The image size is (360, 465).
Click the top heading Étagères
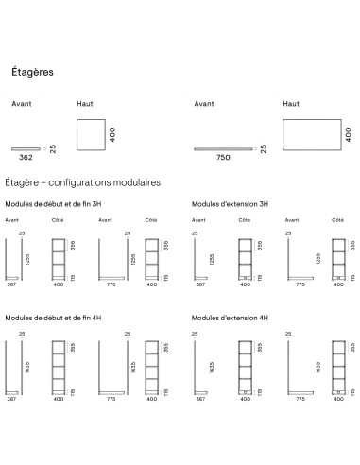(x=32, y=71)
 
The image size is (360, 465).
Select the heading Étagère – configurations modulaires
(x=82, y=181)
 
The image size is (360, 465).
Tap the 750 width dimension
(x=224, y=158)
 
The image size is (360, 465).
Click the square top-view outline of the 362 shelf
(x=90, y=132)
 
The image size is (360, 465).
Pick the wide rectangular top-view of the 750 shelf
(x=308, y=132)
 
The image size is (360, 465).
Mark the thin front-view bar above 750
(x=224, y=148)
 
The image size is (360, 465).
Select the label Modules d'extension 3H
(x=231, y=203)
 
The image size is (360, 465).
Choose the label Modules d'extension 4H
(x=231, y=319)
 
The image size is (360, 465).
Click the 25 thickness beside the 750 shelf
(x=264, y=147)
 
